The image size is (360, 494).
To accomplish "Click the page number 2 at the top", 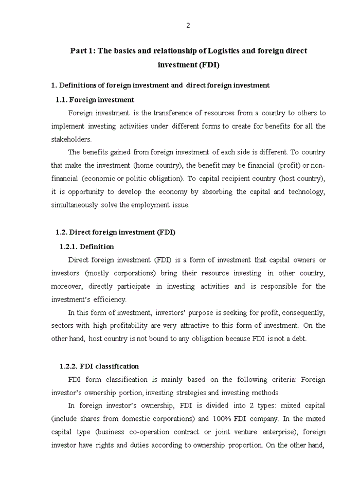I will click(188, 25).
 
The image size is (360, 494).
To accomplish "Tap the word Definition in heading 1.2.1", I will click(97, 246).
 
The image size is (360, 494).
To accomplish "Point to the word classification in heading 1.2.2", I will click(116, 366).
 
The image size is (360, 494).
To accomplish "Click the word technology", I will click(305, 191).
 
